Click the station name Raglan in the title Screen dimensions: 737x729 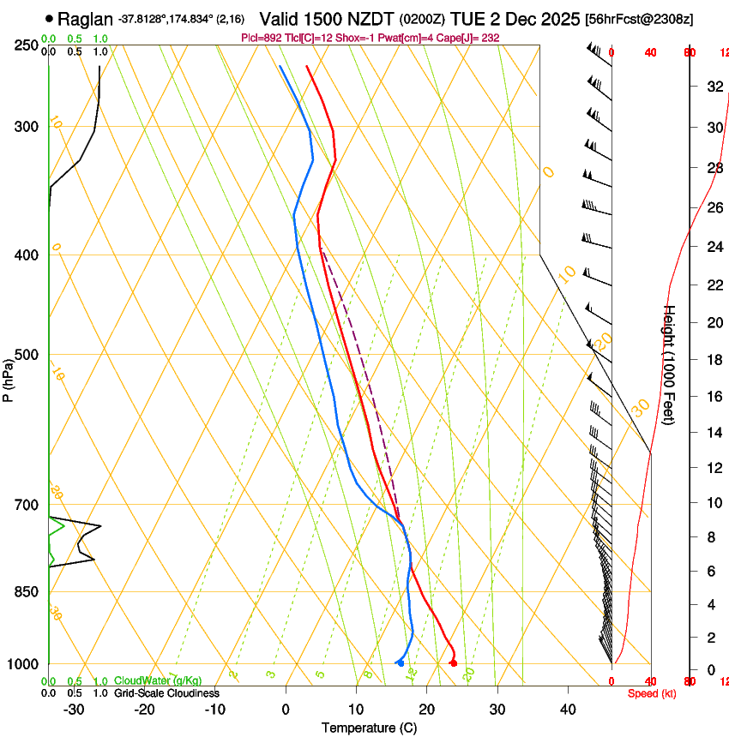85,19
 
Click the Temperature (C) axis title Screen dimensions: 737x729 369,728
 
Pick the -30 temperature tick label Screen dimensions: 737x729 74,710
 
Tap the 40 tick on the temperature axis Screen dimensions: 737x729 567,710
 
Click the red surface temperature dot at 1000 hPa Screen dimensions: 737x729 454,662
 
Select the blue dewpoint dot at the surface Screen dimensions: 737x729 401,663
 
